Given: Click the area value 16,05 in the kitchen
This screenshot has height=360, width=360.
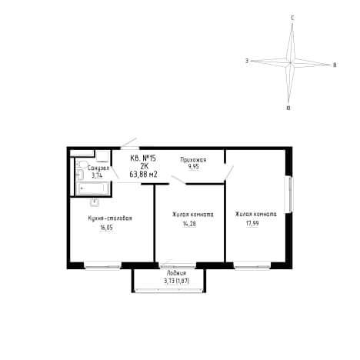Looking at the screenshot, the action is (106, 228).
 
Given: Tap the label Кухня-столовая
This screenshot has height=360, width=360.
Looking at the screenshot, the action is (110, 218).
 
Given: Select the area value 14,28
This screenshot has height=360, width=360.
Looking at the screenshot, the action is (189, 224).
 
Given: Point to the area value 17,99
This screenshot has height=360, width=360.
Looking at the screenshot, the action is (252, 223).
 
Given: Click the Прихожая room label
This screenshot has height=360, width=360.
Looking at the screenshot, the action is (193, 160).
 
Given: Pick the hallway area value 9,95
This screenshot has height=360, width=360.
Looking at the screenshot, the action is (194, 167).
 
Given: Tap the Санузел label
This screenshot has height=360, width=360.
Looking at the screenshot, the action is (98, 168).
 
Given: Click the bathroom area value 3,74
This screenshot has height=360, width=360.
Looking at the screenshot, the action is (97, 175).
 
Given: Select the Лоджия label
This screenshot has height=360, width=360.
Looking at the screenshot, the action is (176, 273).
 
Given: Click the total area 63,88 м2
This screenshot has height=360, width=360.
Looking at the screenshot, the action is (143, 175).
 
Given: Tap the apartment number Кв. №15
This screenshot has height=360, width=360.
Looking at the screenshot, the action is (143, 158).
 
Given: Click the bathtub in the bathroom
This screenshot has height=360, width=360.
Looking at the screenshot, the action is (92, 188).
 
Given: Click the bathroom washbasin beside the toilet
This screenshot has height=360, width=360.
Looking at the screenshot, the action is (80, 175).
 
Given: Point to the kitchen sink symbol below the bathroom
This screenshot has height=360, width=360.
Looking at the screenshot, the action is (95, 202).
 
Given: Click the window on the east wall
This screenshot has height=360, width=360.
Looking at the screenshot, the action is (290, 194).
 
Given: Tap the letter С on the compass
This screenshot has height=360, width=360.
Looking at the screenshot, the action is (292, 18).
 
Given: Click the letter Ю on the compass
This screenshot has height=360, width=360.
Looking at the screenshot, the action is (288, 108).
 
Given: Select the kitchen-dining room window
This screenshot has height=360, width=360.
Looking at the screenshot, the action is (102, 265).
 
